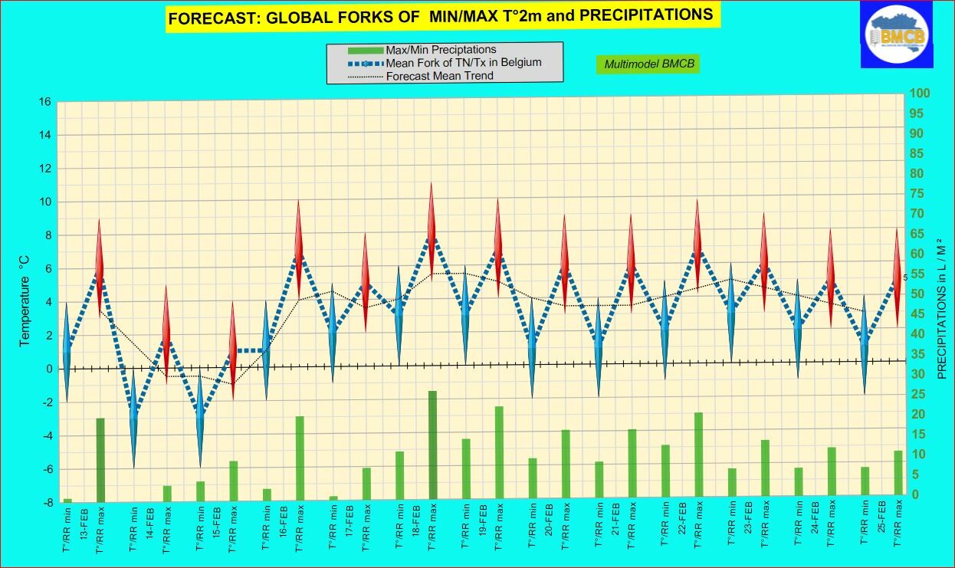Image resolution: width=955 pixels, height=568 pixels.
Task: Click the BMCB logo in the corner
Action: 896,34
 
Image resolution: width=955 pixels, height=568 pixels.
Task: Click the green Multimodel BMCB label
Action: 649,64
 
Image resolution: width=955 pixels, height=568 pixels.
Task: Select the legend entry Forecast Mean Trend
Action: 439,76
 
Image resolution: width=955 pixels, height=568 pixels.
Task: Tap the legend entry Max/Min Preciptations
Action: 441,50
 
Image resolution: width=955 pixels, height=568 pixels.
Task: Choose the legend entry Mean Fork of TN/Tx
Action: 463,63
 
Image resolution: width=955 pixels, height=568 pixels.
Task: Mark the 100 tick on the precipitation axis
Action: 919,94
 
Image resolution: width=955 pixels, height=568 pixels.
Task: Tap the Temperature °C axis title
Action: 25,304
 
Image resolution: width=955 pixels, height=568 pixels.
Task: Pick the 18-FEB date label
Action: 415,524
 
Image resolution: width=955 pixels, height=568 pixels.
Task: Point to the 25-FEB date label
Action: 882,524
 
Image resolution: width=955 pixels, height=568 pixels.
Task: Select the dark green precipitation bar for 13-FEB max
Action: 100,458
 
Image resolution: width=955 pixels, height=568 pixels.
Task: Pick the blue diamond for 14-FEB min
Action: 133,417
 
